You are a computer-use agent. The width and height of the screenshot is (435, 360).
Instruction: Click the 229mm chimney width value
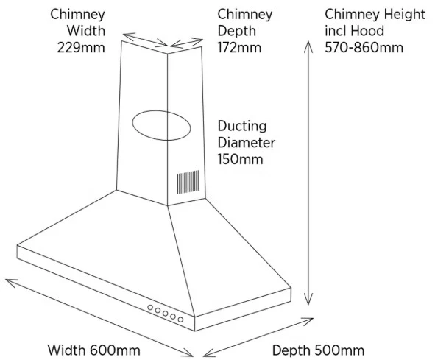pyautogui.click(x=81, y=47)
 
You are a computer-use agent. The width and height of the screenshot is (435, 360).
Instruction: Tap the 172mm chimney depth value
pyautogui.click(x=239, y=47)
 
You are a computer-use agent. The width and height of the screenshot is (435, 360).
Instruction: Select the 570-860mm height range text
pyautogui.click(x=364, y=47)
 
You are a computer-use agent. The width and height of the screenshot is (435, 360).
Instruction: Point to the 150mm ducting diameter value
pyautogui.click(x=240, y=159)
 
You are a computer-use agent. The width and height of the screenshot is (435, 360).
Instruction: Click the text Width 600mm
pyautogui.click(x=94, y=350)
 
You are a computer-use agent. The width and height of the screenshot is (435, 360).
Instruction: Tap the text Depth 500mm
pyautogui.click(x=318, y=350)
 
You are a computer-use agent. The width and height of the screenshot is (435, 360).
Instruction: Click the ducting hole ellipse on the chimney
pyautogui.click(x=161, y=111)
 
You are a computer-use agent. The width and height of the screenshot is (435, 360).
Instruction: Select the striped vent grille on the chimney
pyautogui.click(x=188, y=182)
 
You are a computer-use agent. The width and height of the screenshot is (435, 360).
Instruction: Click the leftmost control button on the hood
pyautogui.click(x=150, y=307)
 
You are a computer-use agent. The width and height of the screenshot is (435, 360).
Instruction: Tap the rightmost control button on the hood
pyautogui.click(x=180, y=320)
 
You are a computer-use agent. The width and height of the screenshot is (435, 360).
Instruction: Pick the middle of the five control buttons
pyautogui.click(x=166, y=314)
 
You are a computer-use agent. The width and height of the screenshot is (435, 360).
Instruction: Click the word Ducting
pyautogui.click(x=242, y=126)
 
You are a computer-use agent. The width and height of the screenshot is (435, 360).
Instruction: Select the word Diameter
pyautogui.click(x=247, y=143)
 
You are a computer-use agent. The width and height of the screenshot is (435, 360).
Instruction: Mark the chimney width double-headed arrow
pyautogui.click(x=145, y=40)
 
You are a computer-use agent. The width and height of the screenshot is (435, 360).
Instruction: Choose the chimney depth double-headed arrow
pyautogui.click(x=187, y=42)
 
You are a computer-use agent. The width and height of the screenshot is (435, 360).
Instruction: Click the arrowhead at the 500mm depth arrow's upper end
pyautogui.click(x=309, y=320)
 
